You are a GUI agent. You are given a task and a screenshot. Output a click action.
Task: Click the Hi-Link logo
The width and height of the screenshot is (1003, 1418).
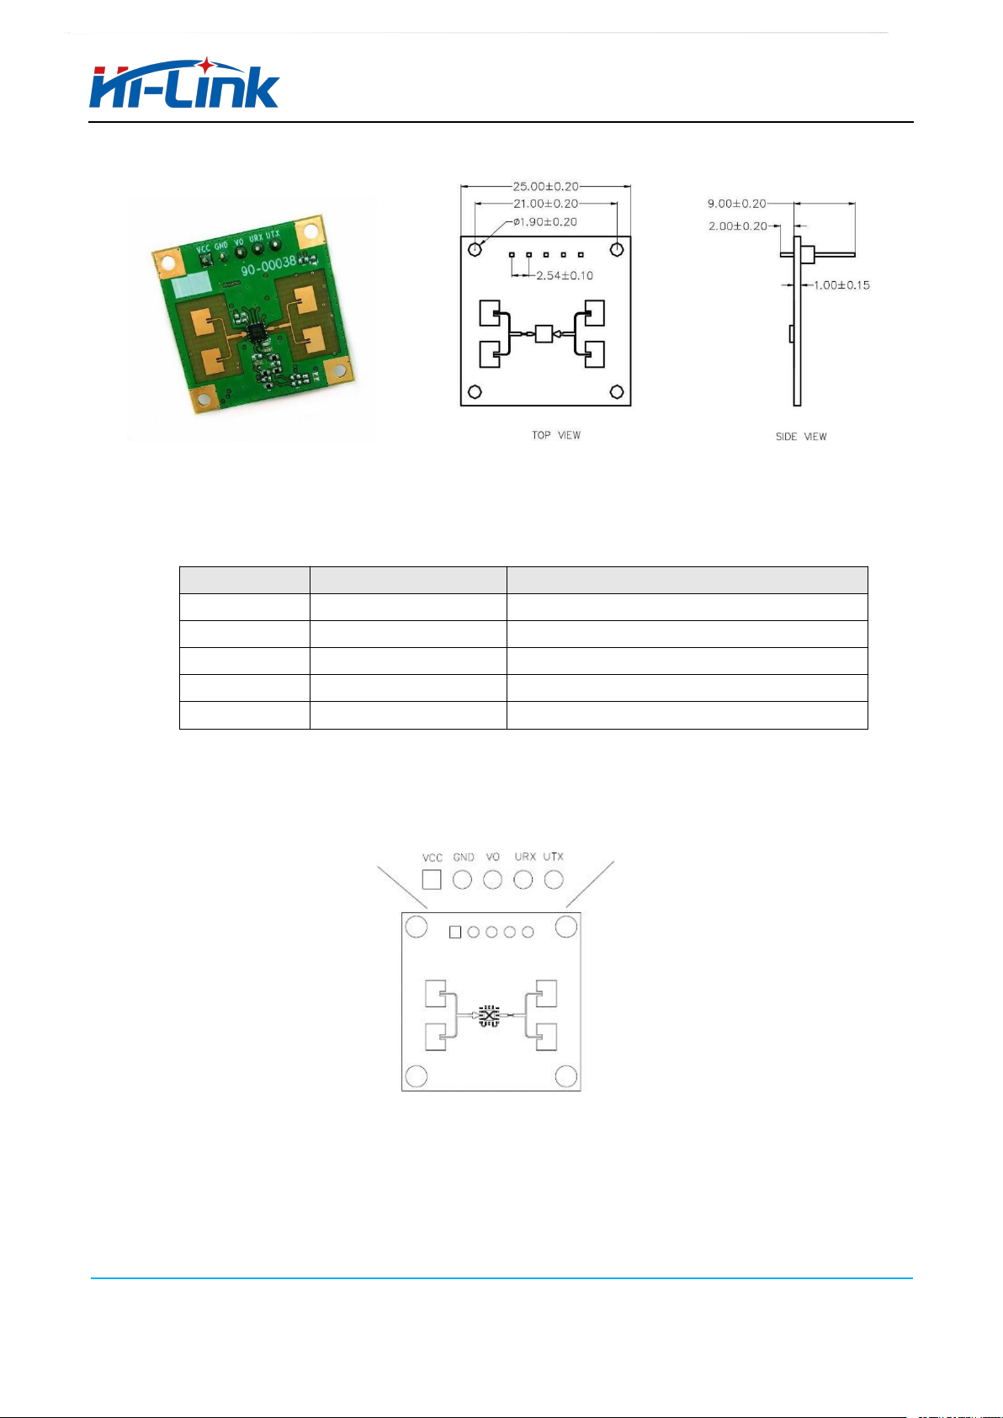click(x=184, y=83)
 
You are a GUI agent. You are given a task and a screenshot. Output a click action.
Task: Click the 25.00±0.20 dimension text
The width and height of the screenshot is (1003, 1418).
click(x=545, y=186)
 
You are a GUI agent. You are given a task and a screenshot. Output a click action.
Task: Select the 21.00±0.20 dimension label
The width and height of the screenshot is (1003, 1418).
click(x=545, y=203)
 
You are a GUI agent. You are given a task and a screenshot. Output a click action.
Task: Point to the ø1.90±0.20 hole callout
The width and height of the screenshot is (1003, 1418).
click(x=545, y=221)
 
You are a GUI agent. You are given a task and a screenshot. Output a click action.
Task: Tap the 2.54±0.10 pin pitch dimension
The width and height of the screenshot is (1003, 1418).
click(x=565, y=275)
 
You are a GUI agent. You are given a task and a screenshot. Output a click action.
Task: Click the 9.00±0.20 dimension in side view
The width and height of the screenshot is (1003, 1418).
click(x=736, y=203)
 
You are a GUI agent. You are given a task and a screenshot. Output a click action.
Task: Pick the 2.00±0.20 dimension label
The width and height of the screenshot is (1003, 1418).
click(x=738, y=226)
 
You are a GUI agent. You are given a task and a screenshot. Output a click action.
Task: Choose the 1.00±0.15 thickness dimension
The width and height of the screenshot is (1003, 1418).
click(x=841, y=285)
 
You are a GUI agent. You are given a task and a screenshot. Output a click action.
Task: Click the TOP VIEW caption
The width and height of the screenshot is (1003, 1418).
click(x=556, y=435)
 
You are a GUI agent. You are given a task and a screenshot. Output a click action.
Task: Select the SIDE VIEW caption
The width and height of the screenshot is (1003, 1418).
click(x=801, y=436)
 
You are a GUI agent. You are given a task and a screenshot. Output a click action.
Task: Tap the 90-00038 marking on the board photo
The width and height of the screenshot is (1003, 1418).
click(x=268, y=265)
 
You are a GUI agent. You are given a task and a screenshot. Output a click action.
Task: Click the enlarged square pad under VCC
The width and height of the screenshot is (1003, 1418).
click(x=432, y=879)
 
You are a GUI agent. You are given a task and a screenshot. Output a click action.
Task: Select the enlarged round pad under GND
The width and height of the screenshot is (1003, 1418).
click(x=463, y=879)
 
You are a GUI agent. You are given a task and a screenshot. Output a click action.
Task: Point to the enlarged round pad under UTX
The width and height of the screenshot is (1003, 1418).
click(x=554, y=879)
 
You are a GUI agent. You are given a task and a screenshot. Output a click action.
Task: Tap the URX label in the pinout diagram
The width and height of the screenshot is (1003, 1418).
click(x=525, y=857)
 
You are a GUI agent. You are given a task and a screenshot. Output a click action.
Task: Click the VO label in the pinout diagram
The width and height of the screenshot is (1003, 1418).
click(x=493, y=857)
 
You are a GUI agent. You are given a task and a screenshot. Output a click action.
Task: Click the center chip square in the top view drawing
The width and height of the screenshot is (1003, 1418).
click(x=544, y=333)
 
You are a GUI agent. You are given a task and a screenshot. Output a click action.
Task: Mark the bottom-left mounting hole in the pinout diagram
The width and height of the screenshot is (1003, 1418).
click(x=416, y=1075)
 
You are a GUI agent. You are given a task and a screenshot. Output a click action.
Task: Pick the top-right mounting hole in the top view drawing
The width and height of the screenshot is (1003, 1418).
click(x=617, y=249)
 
